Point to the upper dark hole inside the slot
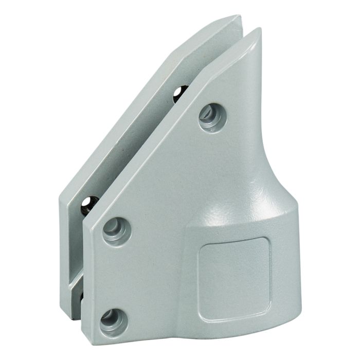tap(179, 94)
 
